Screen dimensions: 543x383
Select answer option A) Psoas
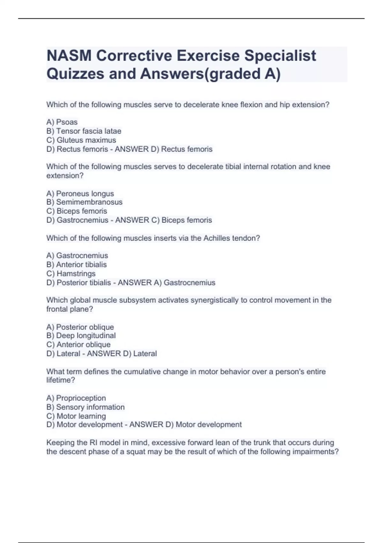point(62,122)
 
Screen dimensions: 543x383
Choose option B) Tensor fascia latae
point(84,131)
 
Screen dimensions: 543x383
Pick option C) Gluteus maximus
point(81,140)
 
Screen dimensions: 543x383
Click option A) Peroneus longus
point(80,194)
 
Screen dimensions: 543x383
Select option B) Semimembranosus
point(84,202)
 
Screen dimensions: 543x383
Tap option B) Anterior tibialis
point(76,264)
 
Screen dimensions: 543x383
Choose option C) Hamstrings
point(71,273)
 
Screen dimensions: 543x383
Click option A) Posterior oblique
point(80,327)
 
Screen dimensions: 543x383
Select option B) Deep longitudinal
point(81,335)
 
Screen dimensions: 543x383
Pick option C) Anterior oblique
point(78,344)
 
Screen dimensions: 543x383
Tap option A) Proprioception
point(76,398)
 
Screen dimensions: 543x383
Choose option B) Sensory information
point(85,407)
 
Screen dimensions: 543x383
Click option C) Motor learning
point(76,416)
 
